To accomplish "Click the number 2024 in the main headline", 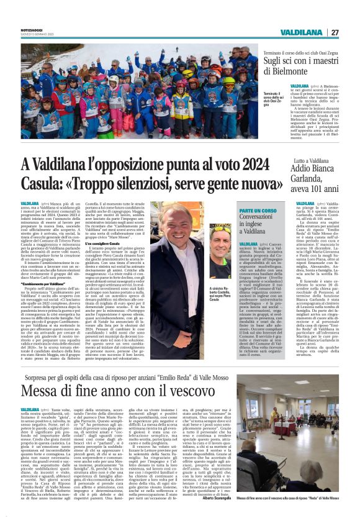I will point(251,165).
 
